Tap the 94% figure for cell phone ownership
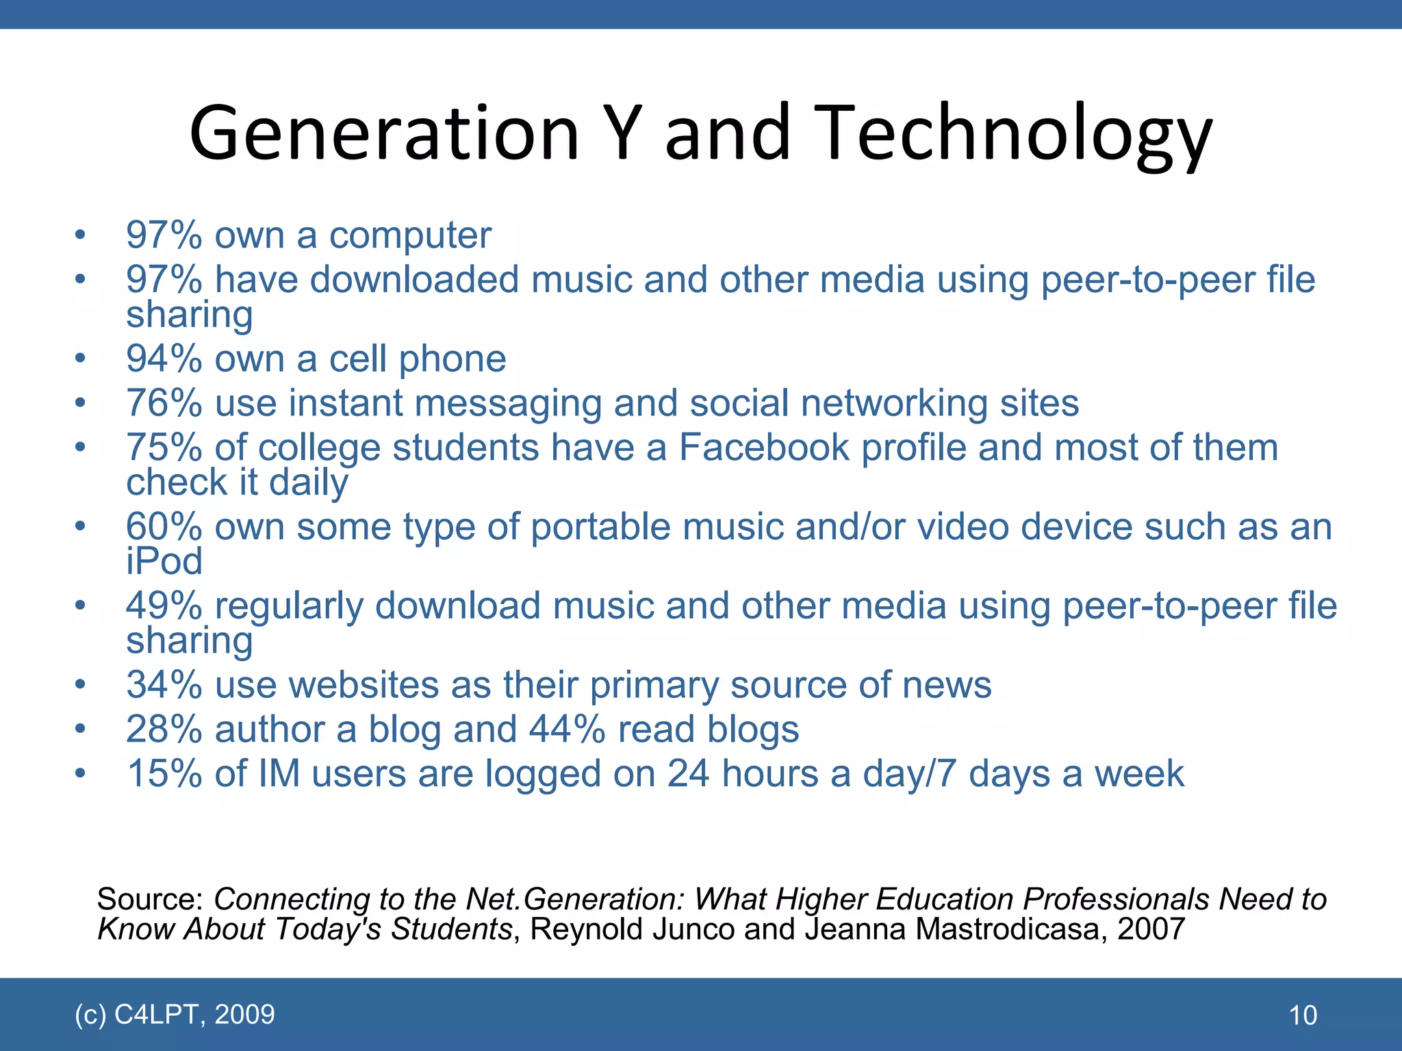coord(164,359)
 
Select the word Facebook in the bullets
coord(763,447)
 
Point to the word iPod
coord(164,561)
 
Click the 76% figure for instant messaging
coord(164,403)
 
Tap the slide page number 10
coord(1303,1015)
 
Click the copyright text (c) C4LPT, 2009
coord(175,1014)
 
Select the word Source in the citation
coord(150,899)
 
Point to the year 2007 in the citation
coord(1151,929)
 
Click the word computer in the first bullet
coord(410,236)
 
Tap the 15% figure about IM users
coord(164,774)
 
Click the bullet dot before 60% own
coord(81,527)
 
